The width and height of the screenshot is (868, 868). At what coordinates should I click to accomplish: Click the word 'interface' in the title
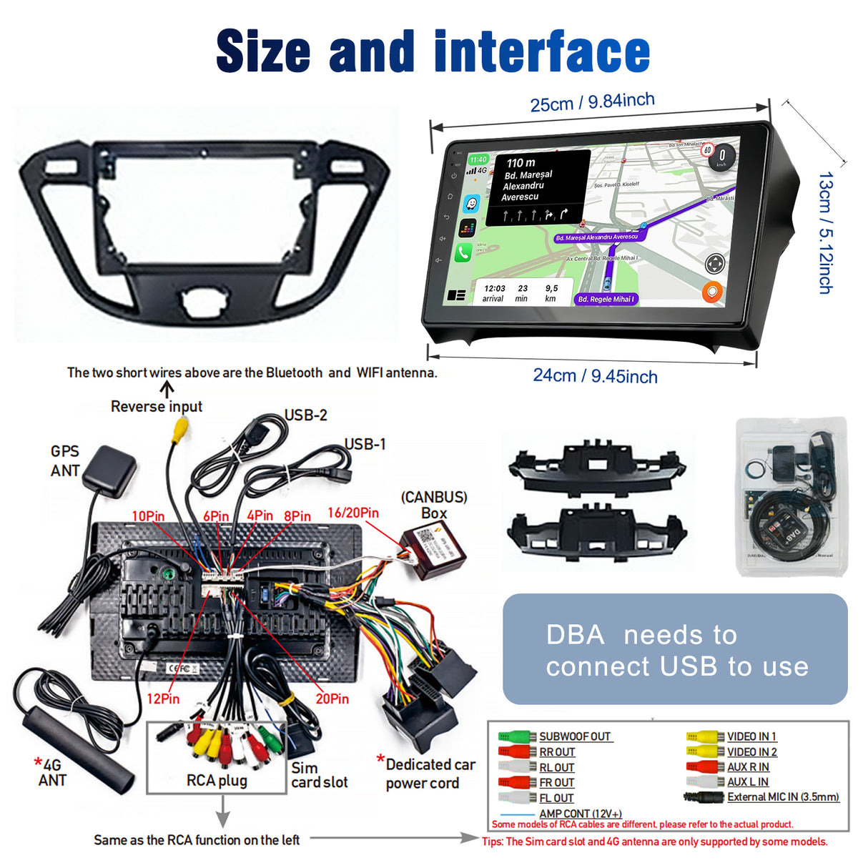(541, 52)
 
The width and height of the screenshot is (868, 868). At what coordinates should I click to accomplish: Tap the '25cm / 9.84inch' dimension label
(592, 102)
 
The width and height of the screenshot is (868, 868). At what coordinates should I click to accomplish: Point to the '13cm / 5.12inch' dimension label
(825, 233)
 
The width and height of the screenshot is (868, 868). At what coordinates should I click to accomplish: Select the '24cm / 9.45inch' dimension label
(595, 376)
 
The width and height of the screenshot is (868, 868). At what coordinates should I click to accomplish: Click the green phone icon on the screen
(463, 252)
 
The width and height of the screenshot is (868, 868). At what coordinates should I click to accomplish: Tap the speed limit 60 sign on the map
(707, 150)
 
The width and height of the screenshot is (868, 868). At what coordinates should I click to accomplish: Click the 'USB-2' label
(305, 415)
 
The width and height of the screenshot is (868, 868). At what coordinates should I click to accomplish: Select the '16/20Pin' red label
(352, 513)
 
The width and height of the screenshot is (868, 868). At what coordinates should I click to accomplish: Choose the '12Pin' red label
(163, 699)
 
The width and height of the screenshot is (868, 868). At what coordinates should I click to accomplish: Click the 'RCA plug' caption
(217, 780)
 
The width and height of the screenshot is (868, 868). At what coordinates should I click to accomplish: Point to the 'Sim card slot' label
(319, 775)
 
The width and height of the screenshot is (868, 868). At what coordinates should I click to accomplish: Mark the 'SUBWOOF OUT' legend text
(575, 736)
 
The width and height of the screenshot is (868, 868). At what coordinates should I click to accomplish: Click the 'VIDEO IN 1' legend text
(751, 736)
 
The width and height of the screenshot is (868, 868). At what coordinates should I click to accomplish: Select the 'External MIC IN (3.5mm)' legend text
(783, 797)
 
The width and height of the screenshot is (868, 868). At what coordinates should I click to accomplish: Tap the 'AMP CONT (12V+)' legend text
(581, 814)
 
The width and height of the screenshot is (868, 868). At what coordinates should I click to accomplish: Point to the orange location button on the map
(712, 292)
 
